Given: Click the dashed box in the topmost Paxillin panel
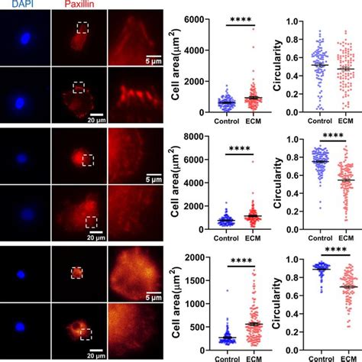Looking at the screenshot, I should pos(82,27).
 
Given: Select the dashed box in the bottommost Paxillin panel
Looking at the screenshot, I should pos(86,334).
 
